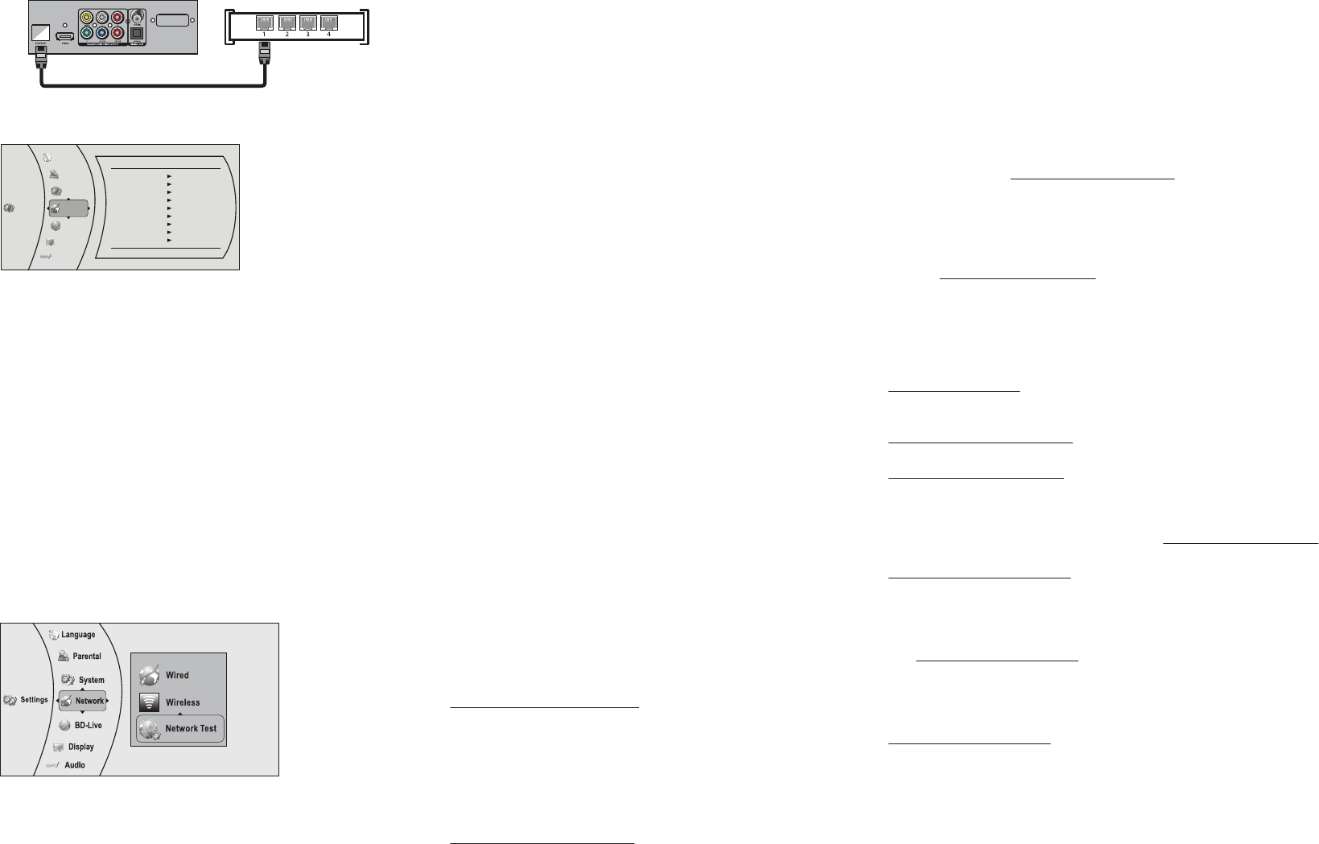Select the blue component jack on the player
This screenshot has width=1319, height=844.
click(x=102, y=34)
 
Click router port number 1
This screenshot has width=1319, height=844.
click(x=264, y=23)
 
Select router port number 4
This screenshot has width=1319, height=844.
click(x=328, y=23)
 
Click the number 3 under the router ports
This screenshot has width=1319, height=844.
click(x=307, y=35)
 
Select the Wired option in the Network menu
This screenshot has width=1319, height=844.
click(x=177, y=675)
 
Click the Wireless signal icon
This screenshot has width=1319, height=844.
click(x=149, y=702)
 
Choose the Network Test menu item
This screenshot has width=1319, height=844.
click(x=191, y=728)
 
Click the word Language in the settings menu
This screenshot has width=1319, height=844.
click(x=78, y=635)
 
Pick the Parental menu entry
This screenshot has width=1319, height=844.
click(x=87, y=657)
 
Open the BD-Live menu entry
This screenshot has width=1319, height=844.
click(x=89, y=725)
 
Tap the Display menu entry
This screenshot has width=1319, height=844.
click(x=81, y=747)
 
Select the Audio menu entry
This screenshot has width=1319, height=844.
click(x=75, y=765)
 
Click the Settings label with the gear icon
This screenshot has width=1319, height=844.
click(x=34, y=700)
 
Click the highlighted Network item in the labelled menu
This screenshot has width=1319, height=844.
click(x=89, y=701)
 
